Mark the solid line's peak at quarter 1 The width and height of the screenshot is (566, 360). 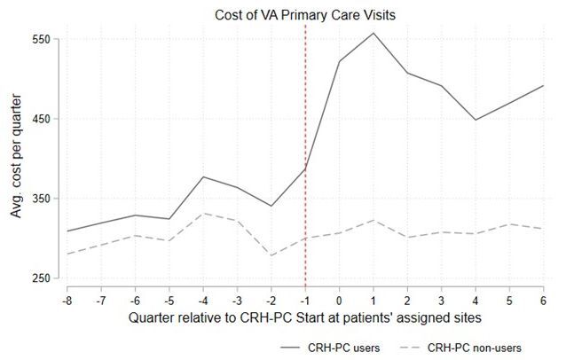tap(373, 33)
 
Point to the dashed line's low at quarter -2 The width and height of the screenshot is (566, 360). tap(271, 255)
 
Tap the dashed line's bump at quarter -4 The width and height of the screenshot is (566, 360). tap(203, 213)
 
